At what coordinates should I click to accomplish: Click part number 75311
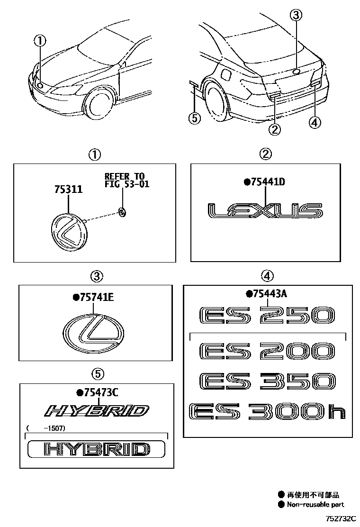tap(69, 190)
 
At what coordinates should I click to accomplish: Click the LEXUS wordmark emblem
tap(265, 211)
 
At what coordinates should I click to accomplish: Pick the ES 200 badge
tap(267, 352)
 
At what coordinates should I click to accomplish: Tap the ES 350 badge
tap(267, 382)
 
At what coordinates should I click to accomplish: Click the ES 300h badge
tap(267, 412)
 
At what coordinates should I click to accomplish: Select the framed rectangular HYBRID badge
tap(96, 448)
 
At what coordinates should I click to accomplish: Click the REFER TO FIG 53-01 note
tap(126, 181)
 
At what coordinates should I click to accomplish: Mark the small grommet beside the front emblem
tap(122, 212)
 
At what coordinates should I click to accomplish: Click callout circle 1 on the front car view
tap(40, 41)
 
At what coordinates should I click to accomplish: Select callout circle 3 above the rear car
tap(296, 16)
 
